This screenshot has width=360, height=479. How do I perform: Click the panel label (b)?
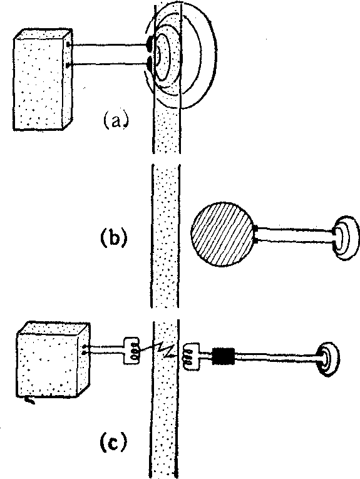113,237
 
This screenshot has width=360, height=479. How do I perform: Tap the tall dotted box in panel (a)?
43,80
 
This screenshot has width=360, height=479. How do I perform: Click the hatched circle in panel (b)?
223,234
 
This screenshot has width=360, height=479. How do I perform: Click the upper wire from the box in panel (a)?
108,45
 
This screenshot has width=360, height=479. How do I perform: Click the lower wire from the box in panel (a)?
108,64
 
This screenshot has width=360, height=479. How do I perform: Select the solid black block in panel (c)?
224,356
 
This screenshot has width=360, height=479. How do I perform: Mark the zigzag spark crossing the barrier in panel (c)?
160,350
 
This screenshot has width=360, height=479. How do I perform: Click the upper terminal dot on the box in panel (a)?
68,45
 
